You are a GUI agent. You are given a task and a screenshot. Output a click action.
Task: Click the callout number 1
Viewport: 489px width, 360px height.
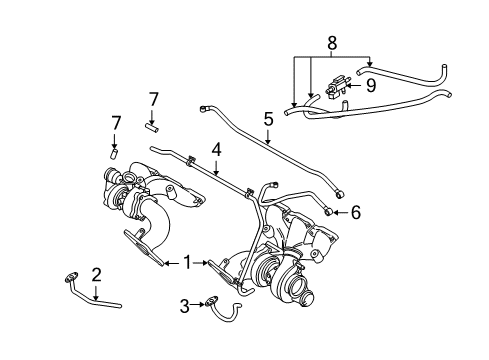click(187, 263)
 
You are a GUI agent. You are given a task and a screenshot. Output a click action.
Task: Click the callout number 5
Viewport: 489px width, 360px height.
click(268, 119)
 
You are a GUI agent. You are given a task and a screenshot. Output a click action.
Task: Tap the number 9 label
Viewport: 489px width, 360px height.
click(370, 86)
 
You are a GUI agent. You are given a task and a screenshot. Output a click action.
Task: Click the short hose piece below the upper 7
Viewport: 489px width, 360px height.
click(152, 127)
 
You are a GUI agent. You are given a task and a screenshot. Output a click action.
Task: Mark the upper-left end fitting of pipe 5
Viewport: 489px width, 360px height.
click(203, 108)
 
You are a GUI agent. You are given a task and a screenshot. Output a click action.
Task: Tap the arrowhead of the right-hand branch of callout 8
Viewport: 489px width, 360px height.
click(370, 65)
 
